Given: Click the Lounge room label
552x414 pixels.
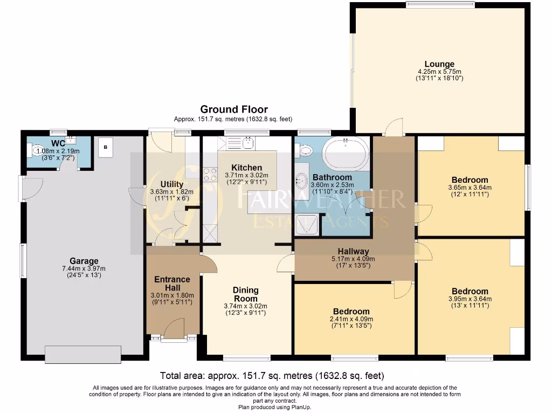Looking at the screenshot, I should (x=439, y=64).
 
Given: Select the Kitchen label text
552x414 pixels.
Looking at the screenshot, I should (x=246, y=168).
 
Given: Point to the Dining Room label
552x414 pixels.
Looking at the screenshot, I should (x=246, y=294).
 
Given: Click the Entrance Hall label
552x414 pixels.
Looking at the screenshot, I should (x=172, y=283).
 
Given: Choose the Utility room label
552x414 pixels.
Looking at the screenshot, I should (x=172, y=184).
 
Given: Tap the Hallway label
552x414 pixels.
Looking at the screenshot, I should (x=354, y=251).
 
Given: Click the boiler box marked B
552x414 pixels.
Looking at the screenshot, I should (x=106, y=147).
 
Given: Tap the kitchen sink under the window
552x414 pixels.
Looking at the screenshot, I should (x=247, y=143).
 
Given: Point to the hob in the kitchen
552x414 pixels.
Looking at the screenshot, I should (x=209, y=175).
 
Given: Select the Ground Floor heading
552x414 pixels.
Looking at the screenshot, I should (x=234, y=109).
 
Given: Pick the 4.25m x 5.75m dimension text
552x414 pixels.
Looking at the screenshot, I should (x=439, y=71).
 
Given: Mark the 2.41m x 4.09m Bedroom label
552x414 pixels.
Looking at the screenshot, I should (x=351, y=312).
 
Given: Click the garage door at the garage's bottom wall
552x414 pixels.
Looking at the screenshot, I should (x=83, y=354).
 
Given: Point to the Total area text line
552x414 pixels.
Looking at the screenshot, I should (x=272, y=375).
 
